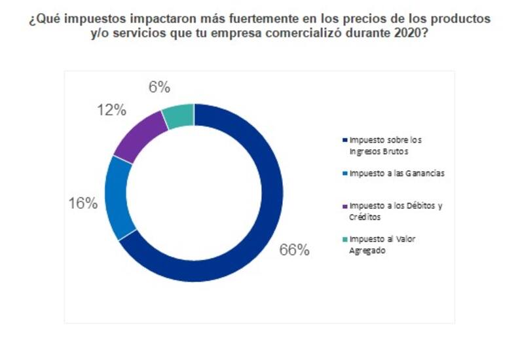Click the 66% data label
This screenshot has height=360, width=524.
click(x=294, y=250)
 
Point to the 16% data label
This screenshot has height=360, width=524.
click(x=83, y=203)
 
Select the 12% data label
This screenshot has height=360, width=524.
click(x=111, y=110)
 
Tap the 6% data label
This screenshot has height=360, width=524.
click(x=159, y=87)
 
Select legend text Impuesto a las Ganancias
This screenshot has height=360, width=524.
click(x=389, y=173)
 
